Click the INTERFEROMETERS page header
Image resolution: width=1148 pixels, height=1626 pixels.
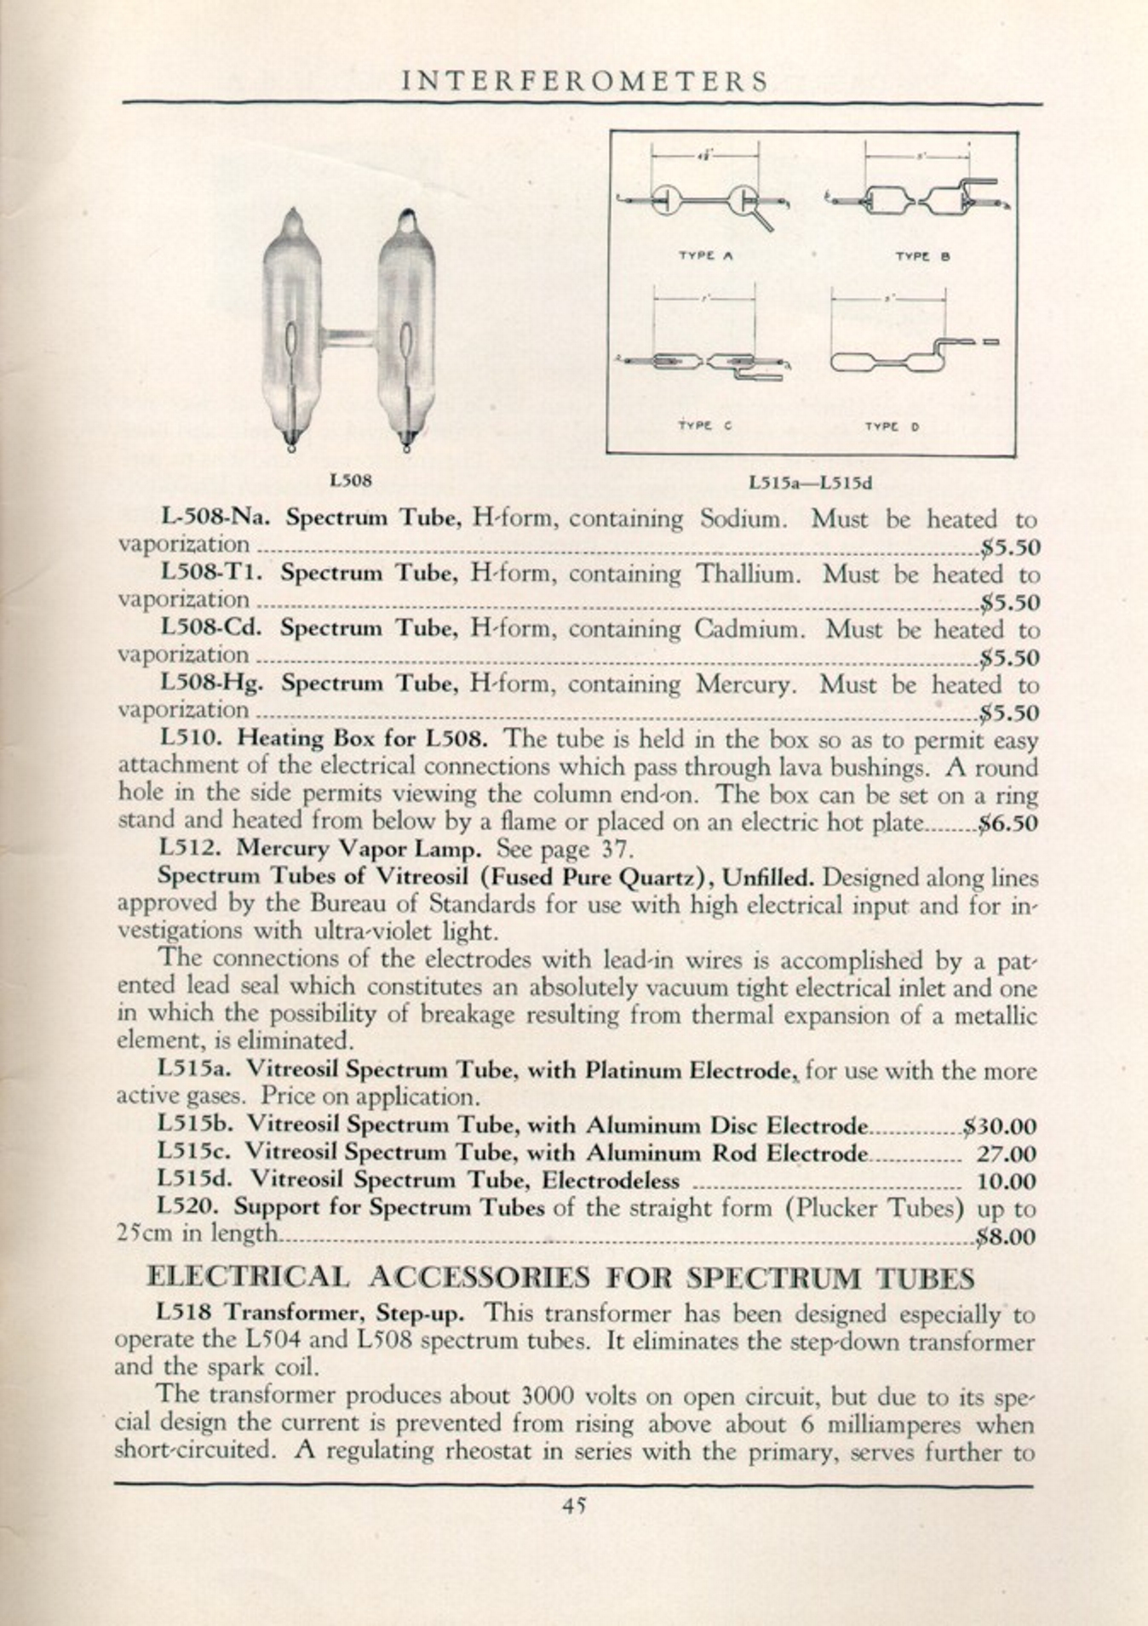pyautogui.click(x=584, y=81)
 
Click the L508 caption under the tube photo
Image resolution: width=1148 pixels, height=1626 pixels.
pyautogui.click(x=351, y=481)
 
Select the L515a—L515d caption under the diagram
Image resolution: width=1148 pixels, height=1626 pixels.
pyautogui.click(x=811, y=484)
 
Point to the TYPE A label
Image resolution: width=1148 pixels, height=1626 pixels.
pyautogui.click(x=705, y=255)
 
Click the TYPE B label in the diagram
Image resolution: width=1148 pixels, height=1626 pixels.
pyautogui.click(x=921, y=256)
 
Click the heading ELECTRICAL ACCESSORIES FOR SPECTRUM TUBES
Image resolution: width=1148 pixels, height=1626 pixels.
pyautogui.click(x=560, y=1278)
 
